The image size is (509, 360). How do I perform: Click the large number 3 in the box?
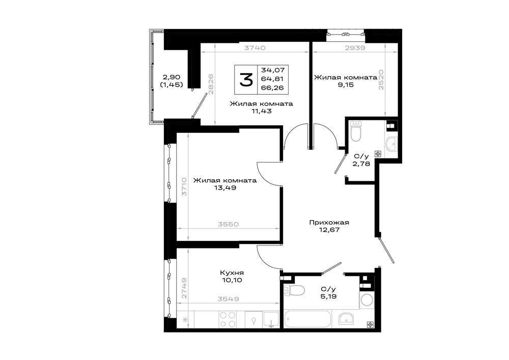(x=246, y=80)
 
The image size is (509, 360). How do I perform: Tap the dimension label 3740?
(x=255, y=48)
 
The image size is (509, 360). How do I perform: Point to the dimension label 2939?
(x=355, y=48)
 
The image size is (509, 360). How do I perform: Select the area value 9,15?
(x=346, y=85)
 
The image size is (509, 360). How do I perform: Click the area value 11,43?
(x=261, y=111)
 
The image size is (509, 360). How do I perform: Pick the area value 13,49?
(x=225, y=187)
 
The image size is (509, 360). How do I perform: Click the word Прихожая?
(x=329, y=223)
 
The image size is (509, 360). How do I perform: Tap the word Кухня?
(x=232, y=273)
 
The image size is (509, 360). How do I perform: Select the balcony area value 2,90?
(x=172, y=77)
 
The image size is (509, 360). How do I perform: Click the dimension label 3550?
(x=228, y=225)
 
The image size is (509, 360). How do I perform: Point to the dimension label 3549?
(x=228, y=299)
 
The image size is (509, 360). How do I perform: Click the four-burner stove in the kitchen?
(x=227, y=319)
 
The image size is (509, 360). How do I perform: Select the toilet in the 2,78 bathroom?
(x=356, y=131)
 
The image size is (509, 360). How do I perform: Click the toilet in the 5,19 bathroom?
(x=294, y=290)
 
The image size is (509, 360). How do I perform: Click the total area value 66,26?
(x=273, y=88)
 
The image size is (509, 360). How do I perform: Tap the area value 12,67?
(x=329, y=230)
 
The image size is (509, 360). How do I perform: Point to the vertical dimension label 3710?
(x=184, y=187)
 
